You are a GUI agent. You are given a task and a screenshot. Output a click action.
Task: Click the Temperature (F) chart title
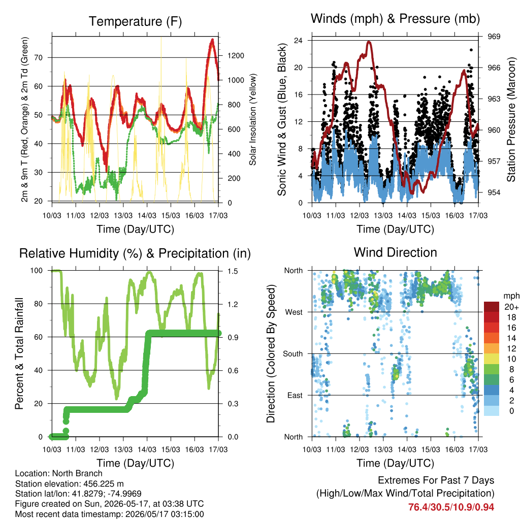[135, 21]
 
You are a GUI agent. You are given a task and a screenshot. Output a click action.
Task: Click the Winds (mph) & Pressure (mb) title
[395, 19]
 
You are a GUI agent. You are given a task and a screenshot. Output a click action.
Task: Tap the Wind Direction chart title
[395, 252]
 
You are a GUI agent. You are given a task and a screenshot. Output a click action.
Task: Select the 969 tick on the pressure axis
[494, 37]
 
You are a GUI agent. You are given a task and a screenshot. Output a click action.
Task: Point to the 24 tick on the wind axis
[298, 41]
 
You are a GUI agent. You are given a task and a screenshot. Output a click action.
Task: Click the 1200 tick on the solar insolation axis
[236, 56]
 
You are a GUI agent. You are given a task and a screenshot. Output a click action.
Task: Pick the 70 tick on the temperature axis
[39, 58]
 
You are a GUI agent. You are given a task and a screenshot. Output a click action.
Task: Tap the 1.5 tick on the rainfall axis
[233, 271]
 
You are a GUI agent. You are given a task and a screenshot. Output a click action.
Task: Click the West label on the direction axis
[294, 312]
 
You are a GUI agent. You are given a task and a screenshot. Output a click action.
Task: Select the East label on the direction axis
[295, 395]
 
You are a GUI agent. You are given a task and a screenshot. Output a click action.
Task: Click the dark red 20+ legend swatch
[492, 307]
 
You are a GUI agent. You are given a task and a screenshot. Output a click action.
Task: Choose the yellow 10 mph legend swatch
[492, 359]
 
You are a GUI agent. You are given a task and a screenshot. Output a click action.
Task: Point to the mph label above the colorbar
[511, 296]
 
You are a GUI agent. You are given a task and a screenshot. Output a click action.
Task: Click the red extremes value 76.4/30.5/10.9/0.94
[451, 507]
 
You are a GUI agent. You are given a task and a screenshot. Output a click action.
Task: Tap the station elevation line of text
[69, 484]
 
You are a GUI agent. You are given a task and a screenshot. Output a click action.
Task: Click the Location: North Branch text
[59, 473]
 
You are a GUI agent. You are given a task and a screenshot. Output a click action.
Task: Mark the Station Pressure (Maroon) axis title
[511, 119]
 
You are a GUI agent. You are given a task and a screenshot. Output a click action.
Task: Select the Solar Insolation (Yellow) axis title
[253, 119]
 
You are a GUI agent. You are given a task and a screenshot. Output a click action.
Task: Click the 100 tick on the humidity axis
[37, 271]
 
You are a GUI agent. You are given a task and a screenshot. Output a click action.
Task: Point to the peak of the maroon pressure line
[369, 42]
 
